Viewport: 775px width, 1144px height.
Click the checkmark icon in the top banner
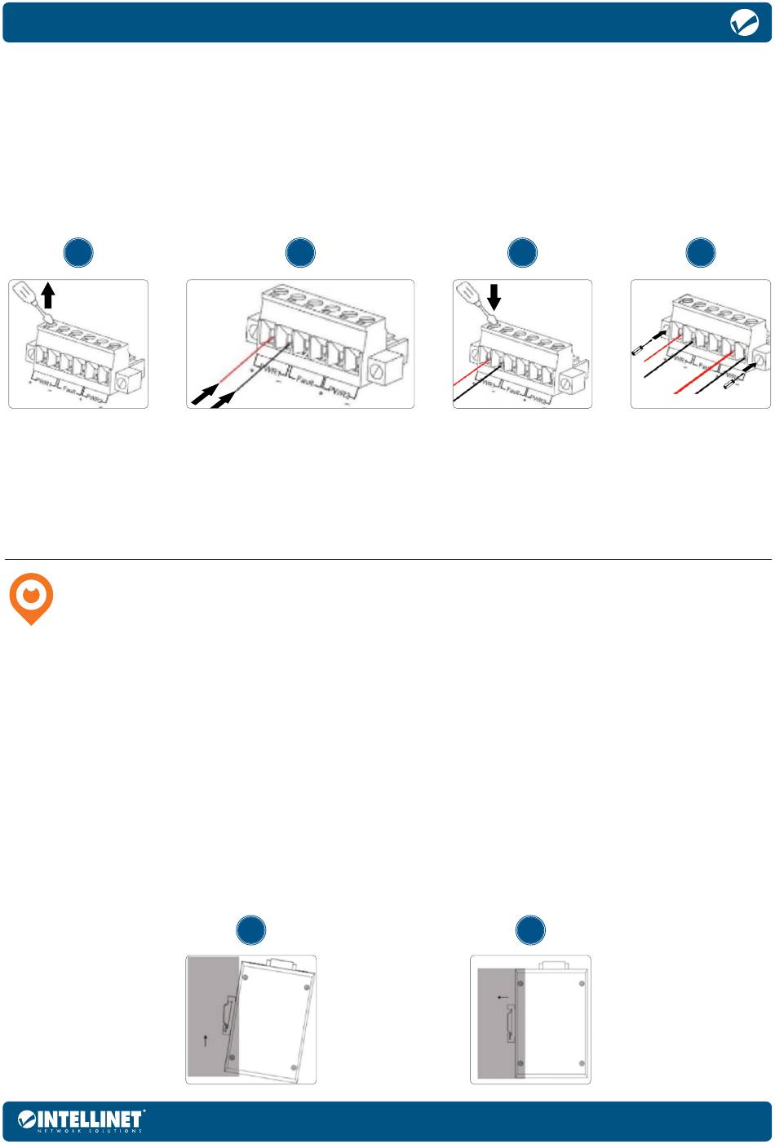point(744,24)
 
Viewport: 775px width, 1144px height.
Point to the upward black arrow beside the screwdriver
point(48,294)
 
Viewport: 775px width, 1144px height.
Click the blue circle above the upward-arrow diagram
point(78,253)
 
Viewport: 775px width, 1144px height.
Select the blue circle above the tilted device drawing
point(251,930)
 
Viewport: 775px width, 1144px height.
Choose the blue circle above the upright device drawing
point(530,930)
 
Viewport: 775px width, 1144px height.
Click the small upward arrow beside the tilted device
point(206,1039)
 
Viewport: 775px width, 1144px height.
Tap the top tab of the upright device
point(552,964)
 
